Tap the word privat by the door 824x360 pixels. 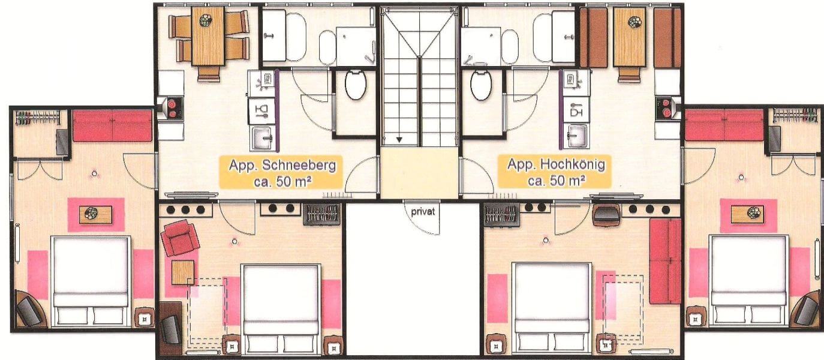(423, 212)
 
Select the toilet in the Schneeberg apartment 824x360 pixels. (356, 85)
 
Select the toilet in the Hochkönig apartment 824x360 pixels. (481, 85)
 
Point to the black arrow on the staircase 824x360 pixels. (399, 140)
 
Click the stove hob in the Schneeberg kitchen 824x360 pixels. (172, 108)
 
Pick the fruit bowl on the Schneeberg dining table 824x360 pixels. (205, 20)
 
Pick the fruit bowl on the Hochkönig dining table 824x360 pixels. (634, 22)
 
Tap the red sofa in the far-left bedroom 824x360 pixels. (112, 125)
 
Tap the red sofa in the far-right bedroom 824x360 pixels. (724, 125)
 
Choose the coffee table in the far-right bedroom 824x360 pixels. (747, 215)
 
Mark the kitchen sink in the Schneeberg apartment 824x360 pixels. (261, 139)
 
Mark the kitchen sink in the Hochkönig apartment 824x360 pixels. (576, 137)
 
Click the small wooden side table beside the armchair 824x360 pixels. (183, 272)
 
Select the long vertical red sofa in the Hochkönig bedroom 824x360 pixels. (665, 261)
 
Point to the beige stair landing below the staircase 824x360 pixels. (419, 173)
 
